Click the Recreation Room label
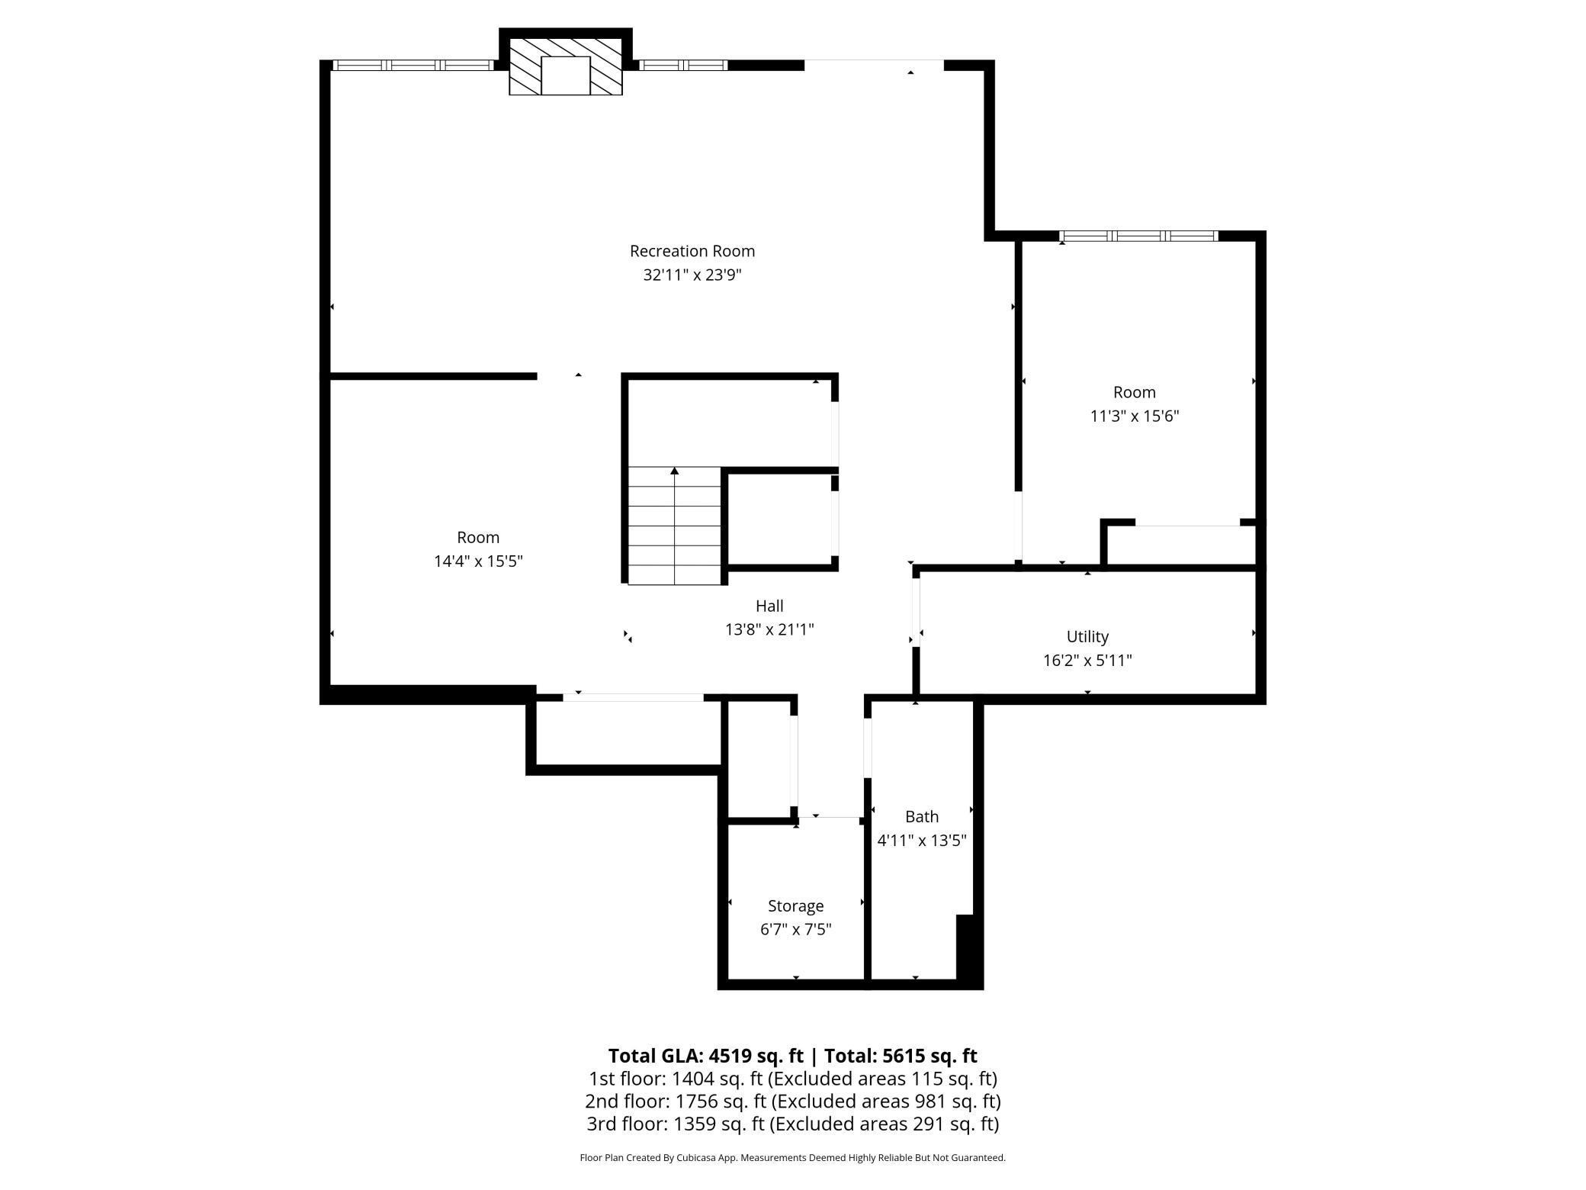tap(692, 251)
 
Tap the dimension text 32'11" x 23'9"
tap(692, 275)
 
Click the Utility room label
tap(1087, 636)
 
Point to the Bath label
tap(921, 816)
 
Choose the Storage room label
tap(795, 905)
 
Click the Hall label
tap(769, 606)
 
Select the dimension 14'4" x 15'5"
tap(478, 561)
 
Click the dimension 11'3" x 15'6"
tap(1134, 416)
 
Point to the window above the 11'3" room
tap(1138, 236)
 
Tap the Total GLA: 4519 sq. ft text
tap(705, 1056)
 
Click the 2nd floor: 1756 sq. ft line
tap(792, 1102)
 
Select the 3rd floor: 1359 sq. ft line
tap(792, 1124)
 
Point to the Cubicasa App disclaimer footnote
tap(792, 1158)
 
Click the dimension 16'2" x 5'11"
tap(1087, 661)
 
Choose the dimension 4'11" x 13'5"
tap(921, 841)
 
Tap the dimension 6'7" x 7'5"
tap(795, 930)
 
